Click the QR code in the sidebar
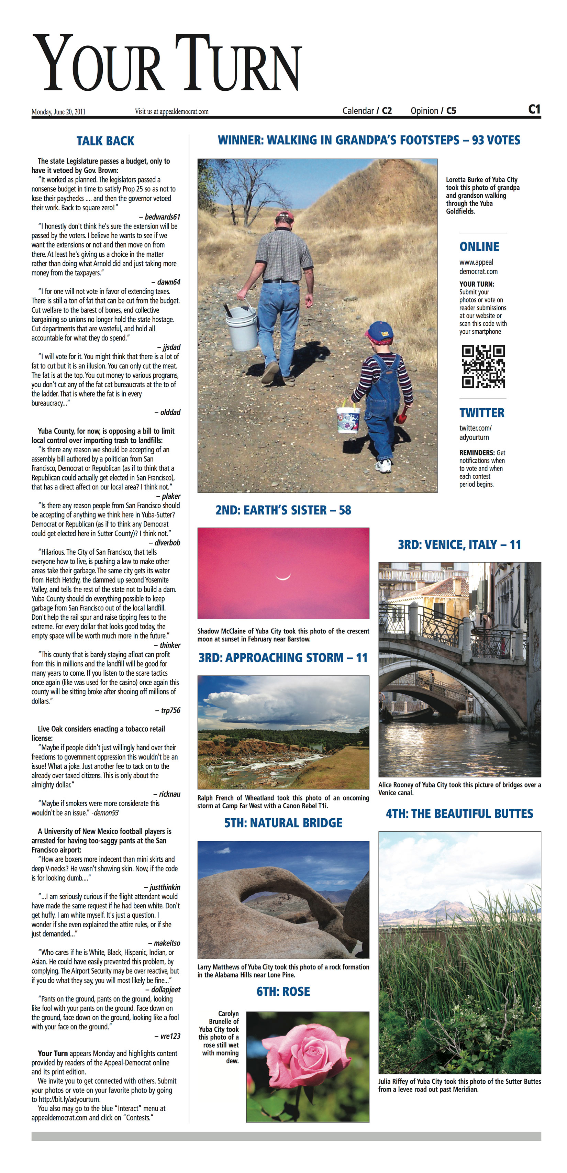483,367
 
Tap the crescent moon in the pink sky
283,577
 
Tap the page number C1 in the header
534,109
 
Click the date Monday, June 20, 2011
58,112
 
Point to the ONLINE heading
479,247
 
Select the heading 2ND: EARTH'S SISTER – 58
283,510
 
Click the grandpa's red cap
284,216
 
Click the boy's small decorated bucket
348,418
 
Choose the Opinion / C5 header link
433,111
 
